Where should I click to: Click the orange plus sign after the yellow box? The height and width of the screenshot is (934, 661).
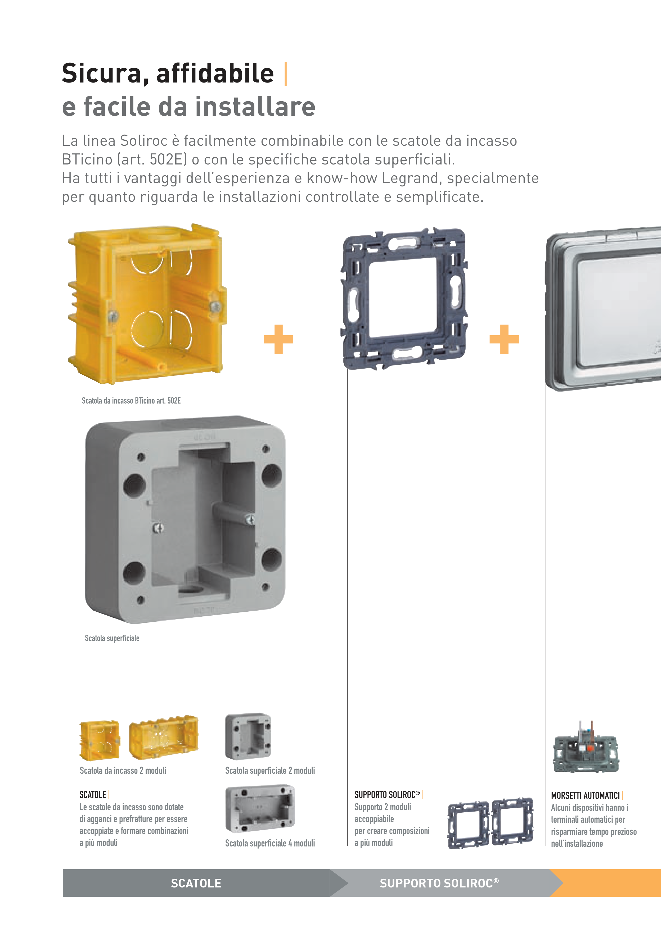pyautogui.click(x=278, y=339)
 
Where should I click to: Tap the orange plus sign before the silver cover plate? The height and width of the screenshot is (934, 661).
pyautogui.click(x=504, y=339)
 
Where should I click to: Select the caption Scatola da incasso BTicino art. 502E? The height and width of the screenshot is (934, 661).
pyautogui.click(x=131, y=401)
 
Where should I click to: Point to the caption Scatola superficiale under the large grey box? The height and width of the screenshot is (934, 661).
pyautogui.click(x=112, y=638)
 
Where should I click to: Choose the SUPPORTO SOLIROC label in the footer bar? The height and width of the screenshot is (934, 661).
pyautogui.click(x=439, y=883)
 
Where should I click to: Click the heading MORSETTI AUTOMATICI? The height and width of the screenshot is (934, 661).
pyautogui.click(x=585, y=795)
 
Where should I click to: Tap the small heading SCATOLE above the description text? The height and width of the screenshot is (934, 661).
pyautogui.click(x=93, y=795)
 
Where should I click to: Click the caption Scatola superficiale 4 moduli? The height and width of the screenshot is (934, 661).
pyautogui.click(x=270, y=843)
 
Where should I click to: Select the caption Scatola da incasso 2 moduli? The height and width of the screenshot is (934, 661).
pyautogui.click(x=123, y=771)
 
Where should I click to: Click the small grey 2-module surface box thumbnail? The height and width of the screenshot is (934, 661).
pyautogui.click(x=248, y=736)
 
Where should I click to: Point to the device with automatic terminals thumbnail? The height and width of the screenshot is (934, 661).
pyautogui.click(x=586, y=747)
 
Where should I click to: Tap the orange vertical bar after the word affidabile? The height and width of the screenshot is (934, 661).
pyautogui.click(x=285, y=74)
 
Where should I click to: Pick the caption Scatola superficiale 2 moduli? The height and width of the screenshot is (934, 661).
pyautogui.click(x=270, y=771)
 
